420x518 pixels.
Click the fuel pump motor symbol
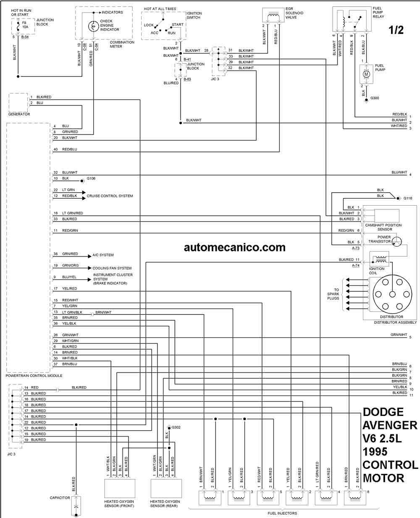[x=366, y=74]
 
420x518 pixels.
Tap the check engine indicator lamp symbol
[x=93, y=26]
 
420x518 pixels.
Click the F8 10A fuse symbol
[x=18, y=27]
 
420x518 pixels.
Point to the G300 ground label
[x=375, y=98]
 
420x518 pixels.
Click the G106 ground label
[x=91, y=178]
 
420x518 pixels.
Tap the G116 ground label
[x=408, y=198]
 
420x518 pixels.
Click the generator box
[x=18, y=102]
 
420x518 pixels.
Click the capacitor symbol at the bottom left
[x=76, y=506]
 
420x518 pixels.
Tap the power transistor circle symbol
[x=397, y=241]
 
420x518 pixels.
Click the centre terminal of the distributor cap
[x=392, y=294]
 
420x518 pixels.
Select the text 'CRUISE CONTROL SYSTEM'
[x=110, y=196]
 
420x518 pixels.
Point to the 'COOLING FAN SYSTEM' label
[x=112, y=268]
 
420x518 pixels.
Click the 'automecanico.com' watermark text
[x=235, y=247]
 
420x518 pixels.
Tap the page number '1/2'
[x=396, y=30]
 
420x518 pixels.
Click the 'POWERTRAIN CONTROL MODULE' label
[x=34, y=376]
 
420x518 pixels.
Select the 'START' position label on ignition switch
[x=177, y=25]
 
